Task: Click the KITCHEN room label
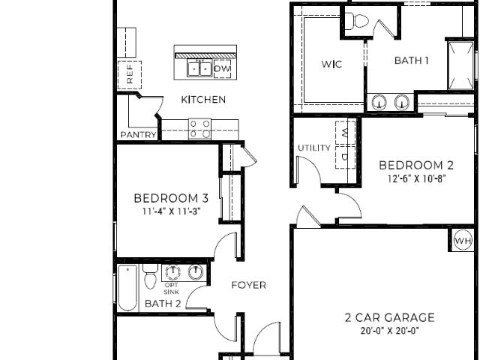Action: click(x=203, y=100)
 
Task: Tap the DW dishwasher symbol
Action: click(x=222, y=69)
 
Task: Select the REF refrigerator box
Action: click(x=130, y=75)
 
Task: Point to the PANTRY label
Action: click(x=138, y=135)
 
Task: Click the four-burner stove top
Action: click(x=199, y=129)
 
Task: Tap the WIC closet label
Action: click(x=331, y=64)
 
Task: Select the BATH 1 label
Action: click(x=411, y=60)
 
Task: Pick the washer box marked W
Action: click(x=345, y=133)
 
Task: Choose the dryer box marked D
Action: click(x=345, y=157)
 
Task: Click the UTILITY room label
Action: click(x=314, y=148)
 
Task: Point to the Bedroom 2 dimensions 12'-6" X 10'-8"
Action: click(x=416, y=178)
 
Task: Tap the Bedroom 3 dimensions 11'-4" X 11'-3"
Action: click(x=172, y=211)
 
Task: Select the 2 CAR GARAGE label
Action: click(x=389, y=318)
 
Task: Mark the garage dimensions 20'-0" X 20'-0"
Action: click(x=389, y=331)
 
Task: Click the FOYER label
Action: click(x=248, y=285)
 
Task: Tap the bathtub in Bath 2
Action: click(x=127, y=288)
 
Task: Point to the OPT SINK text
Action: click(x=172, y=288)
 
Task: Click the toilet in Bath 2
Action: click(x=150, y=277)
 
